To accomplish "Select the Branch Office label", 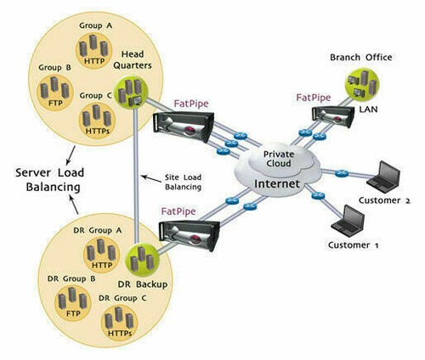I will tap(361, 58).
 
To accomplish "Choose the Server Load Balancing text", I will tap(52, 181).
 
